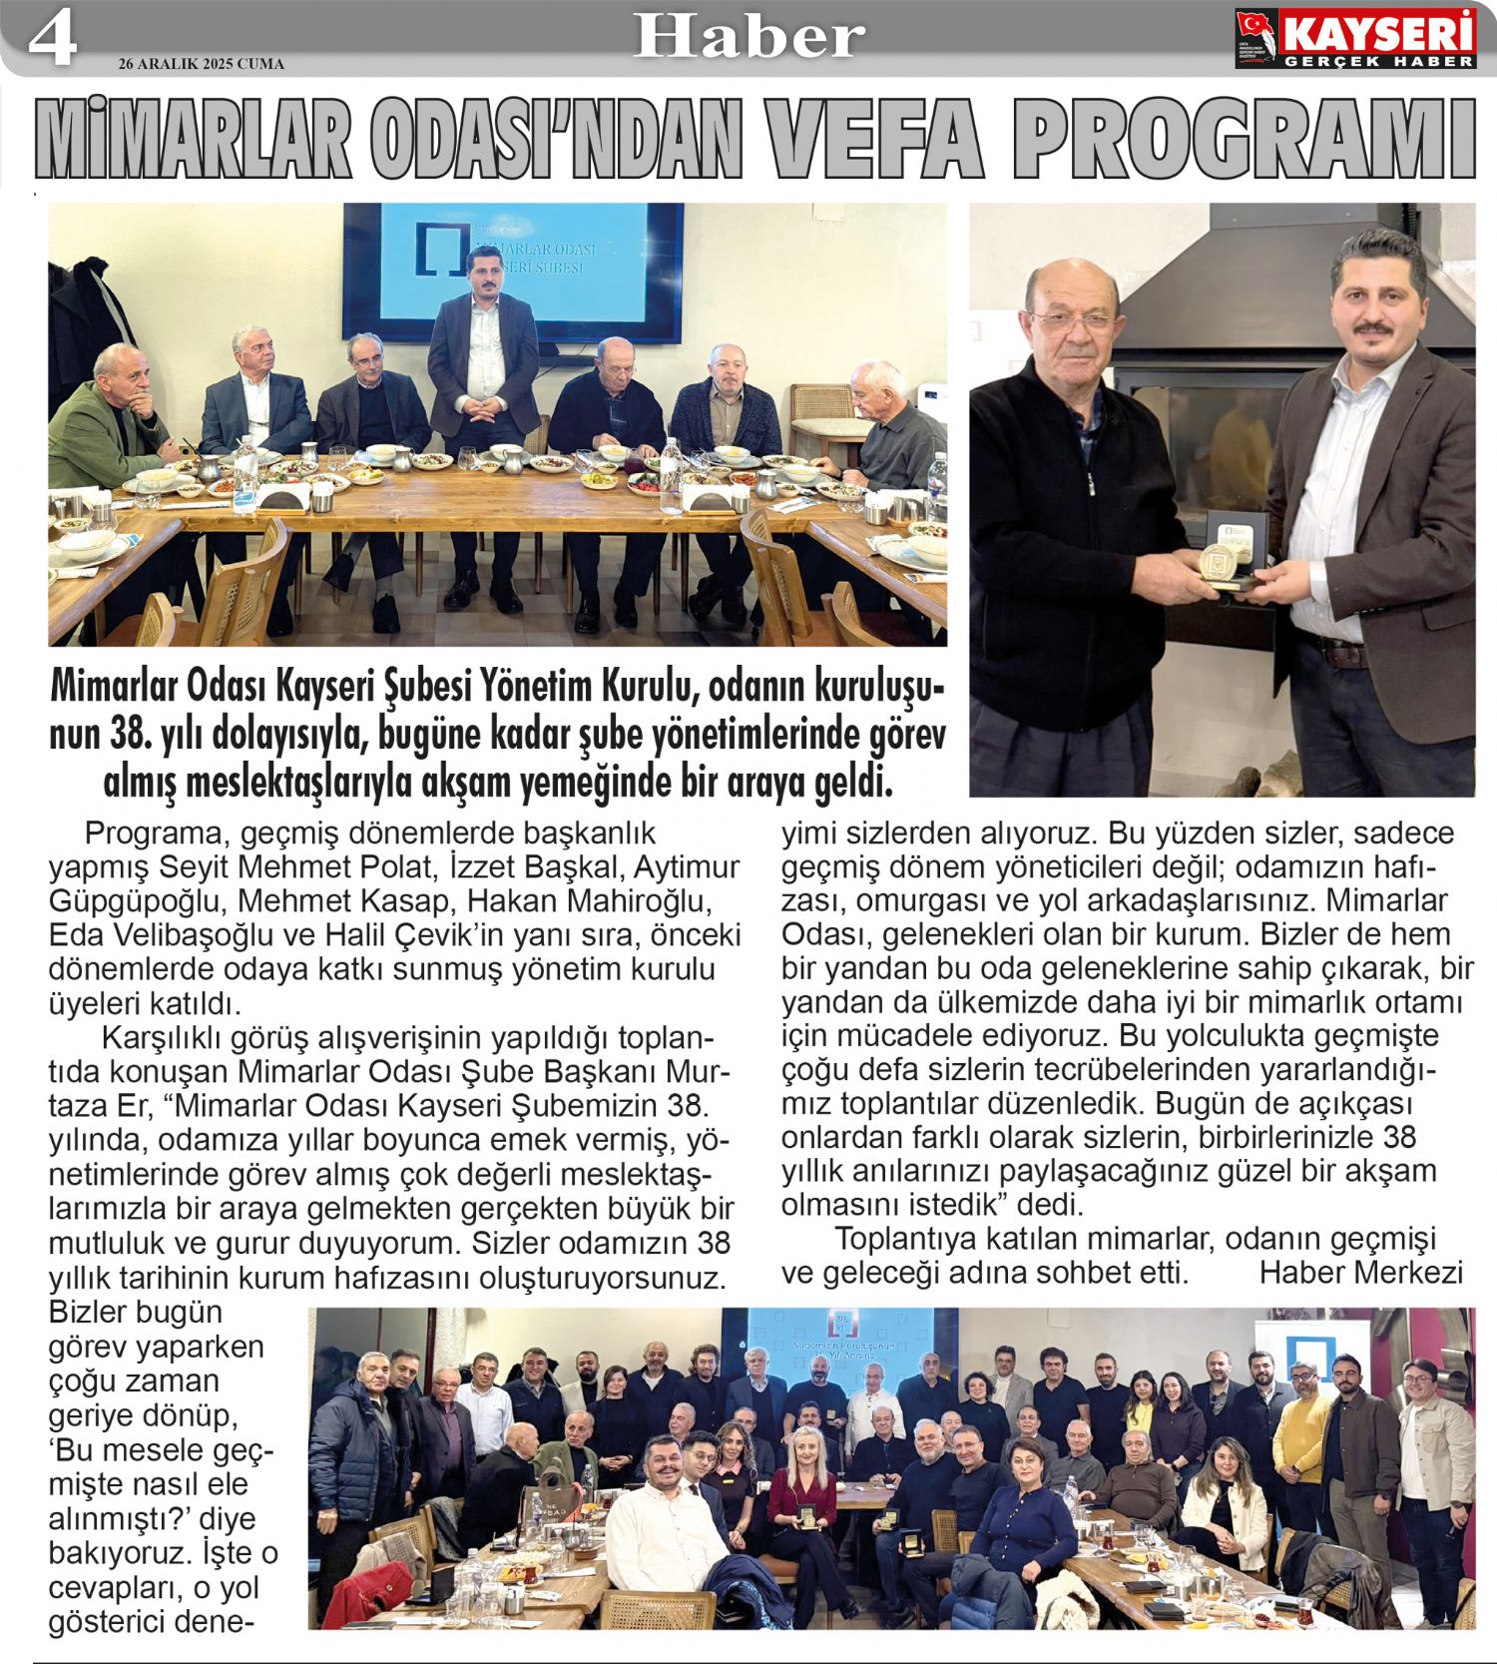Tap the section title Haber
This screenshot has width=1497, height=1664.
pos(748,36)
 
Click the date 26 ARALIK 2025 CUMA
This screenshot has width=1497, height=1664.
pos(201,64)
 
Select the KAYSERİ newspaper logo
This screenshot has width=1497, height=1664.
pos(1354,39)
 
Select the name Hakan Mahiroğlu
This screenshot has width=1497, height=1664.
pos(590,900)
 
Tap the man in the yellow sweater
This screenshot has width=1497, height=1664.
pos(1303,1437)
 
